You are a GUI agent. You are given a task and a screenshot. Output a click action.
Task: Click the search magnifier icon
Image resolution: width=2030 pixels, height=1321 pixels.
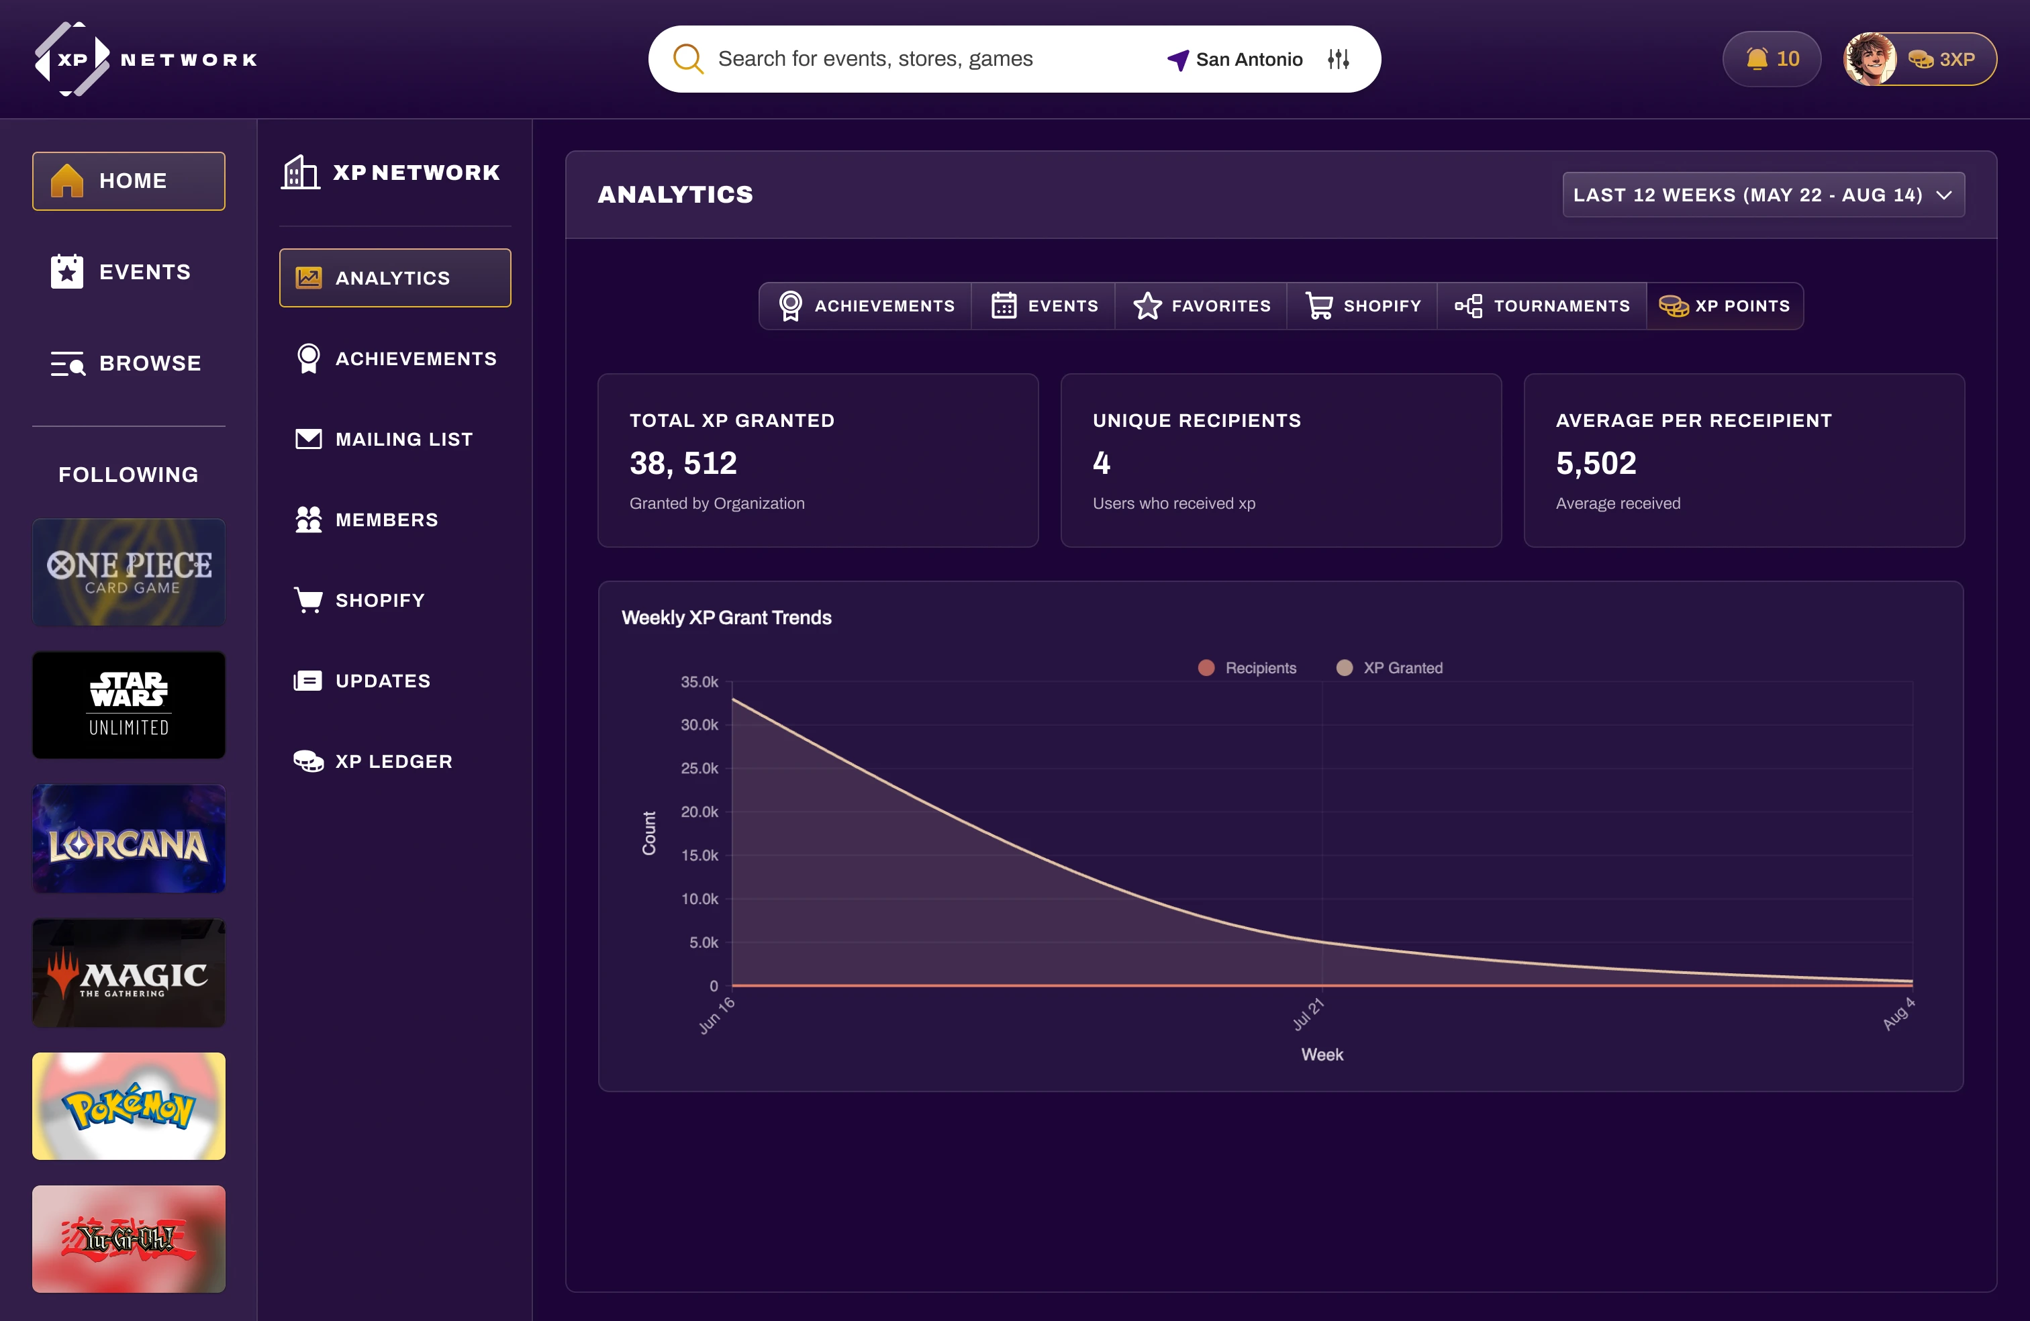pyautogui.click(x=687, y=59)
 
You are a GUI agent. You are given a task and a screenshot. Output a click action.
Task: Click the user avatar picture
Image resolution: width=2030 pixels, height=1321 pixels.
pyautogui.click(x=1870, y=59)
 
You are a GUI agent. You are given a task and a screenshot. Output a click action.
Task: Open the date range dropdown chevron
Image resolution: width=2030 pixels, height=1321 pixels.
pyautogui.click(x=1945, y=195)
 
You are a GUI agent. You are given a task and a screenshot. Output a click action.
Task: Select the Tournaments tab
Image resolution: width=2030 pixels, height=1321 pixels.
pyautogui.click(x=1542, y=306)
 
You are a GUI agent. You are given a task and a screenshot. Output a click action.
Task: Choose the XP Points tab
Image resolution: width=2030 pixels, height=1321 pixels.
pyautogui.click(x=1725, y=306)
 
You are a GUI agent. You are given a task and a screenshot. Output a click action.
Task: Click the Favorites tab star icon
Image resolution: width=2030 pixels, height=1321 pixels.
pyautogui.click(x=1147, y=306)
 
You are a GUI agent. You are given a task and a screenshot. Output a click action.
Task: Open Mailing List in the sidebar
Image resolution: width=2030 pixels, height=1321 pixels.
pyautogui.click(x=403, y=439)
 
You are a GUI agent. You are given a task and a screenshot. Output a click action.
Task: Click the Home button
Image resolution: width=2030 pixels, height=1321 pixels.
pyautogui.click(x=129, y=181)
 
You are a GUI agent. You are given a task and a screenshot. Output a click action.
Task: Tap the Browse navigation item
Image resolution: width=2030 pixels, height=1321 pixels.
pyautogui.click(x=128, y=363)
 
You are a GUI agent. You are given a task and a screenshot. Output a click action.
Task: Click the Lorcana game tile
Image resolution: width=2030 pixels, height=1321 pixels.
pyautogui.click(x=129, y=839)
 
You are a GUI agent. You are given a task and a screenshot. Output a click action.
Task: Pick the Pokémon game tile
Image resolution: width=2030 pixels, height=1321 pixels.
pyautogui.click(x=129, y=1106)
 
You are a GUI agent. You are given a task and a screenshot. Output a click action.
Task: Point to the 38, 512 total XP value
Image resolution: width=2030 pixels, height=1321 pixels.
pyautogui.click(x=682, y=463)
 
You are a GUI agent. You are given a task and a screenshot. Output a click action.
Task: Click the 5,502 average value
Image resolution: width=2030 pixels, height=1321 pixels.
pyautogui.click(x=1596, y=463)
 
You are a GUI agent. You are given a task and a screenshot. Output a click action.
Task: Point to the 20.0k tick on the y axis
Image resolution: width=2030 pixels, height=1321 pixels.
pyautogui.click(x=699, y=812)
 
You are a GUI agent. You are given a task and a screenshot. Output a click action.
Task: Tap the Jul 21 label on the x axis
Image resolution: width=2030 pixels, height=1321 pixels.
pyautogui.click(x=1308, y=1014)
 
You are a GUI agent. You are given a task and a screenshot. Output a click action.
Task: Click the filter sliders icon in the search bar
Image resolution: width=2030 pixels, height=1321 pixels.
pyautogui.click(x=1337, y=59)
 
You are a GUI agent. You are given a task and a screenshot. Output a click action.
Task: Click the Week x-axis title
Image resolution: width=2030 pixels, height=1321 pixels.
pyautogui.click(x=1321, y=1055)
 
